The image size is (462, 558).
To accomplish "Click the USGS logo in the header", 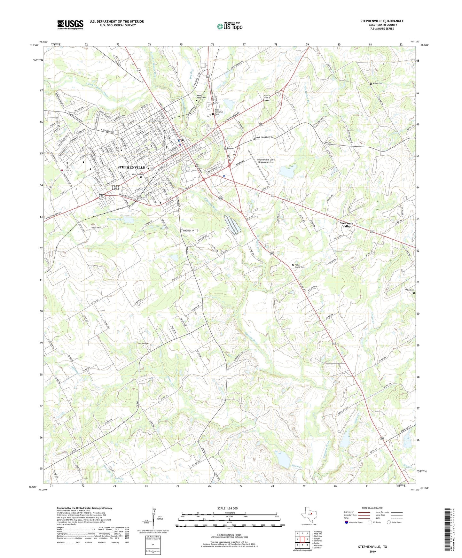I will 70,25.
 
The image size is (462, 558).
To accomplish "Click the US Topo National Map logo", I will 230,26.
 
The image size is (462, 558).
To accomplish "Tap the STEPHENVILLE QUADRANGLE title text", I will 382,21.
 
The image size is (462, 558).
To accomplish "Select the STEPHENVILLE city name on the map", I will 131,167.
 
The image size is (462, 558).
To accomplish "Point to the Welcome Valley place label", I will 347,225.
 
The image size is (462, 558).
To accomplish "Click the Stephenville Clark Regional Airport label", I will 266,161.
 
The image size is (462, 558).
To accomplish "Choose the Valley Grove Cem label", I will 300,266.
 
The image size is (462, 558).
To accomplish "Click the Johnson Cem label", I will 143,344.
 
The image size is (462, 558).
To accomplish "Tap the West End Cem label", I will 138,174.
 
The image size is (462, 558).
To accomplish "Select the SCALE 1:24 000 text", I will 227,508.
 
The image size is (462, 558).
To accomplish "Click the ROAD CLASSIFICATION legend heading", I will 372,508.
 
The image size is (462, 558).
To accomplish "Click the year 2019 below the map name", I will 372,551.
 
